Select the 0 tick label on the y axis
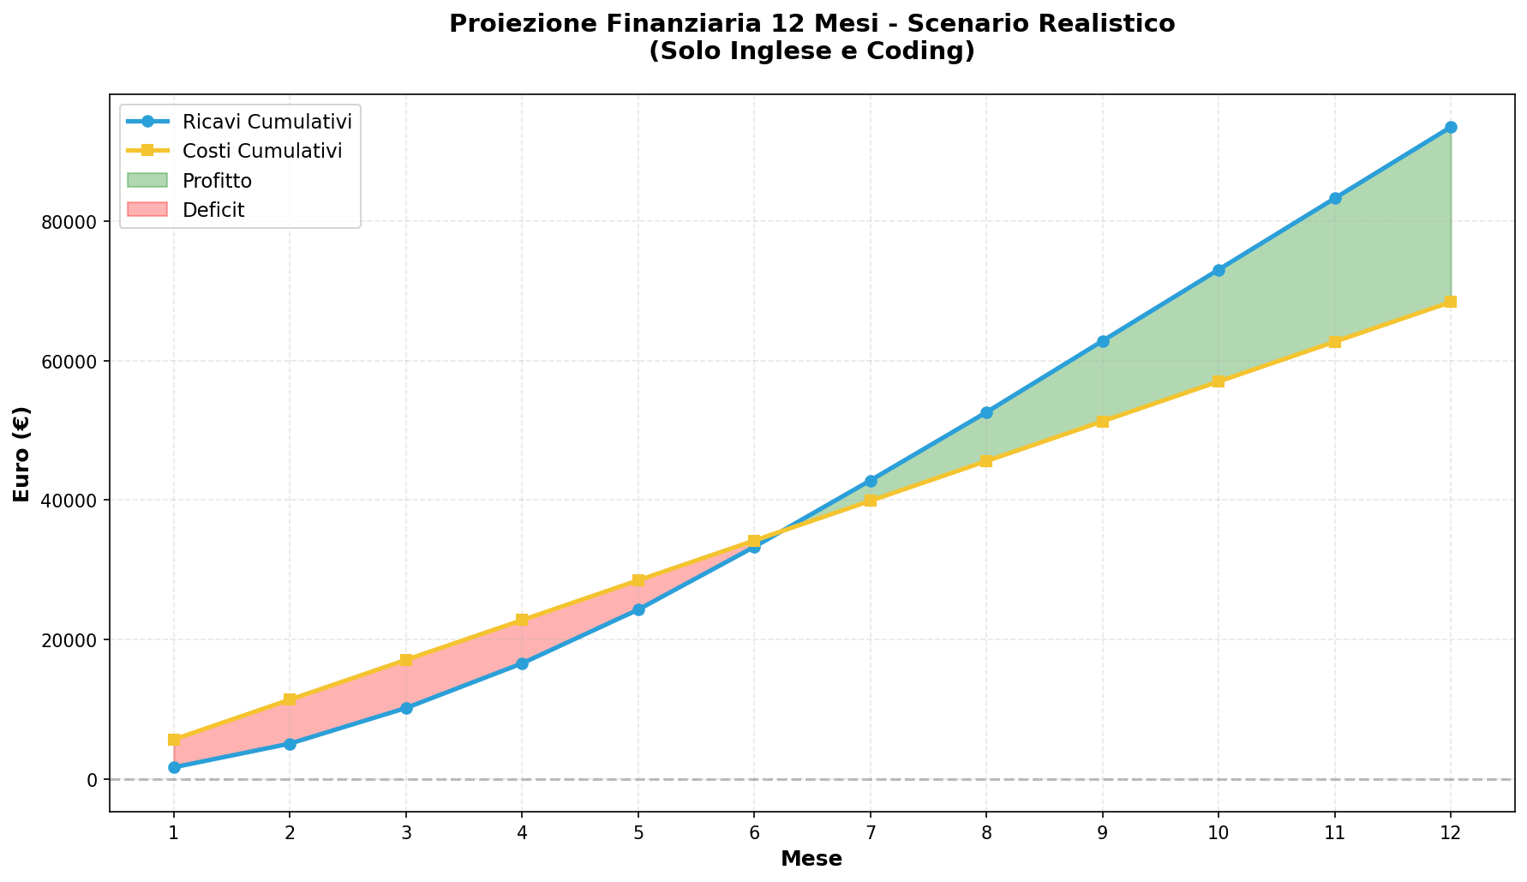click(x=92, y=779)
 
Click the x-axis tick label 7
click(x=871, y=831)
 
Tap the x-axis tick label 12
click(x=1450, y=831)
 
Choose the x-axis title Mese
click(x=811, y=859)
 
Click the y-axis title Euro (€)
click(x=22, y=453)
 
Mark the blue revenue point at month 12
click(x=1451, y=127)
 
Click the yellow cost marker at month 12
click(x=1451, y=302)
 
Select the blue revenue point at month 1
click(x=174, y=767)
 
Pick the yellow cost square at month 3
click(x=406, y=660)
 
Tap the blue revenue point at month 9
click(x=1103, y=341)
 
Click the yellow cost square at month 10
click(x=1219, y=381)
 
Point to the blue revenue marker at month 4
click(x=522, y=663)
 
